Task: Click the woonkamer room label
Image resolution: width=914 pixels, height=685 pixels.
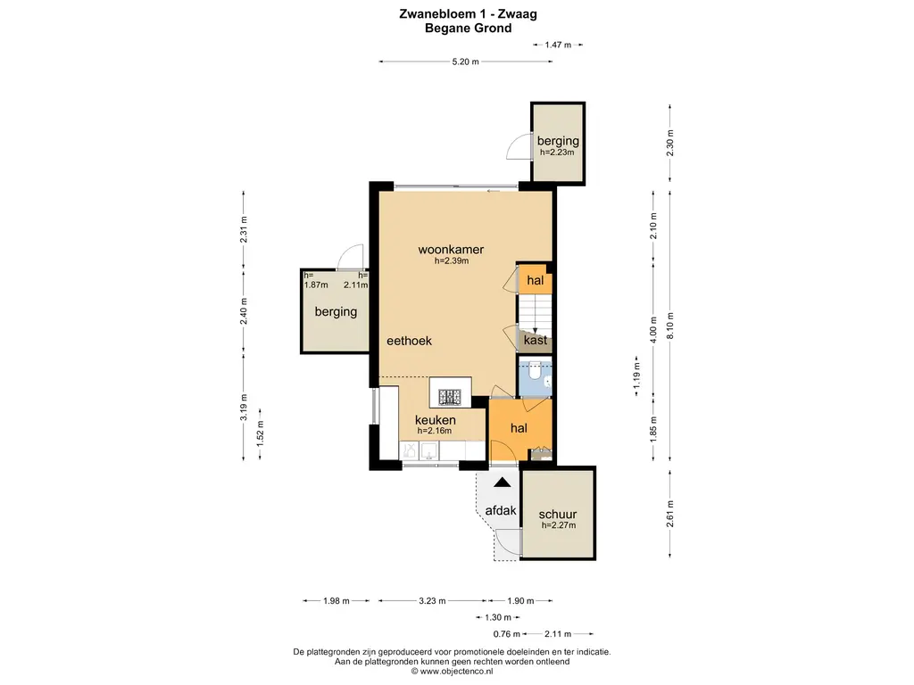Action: [451, 250]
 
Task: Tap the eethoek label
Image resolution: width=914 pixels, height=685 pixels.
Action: [410, 341]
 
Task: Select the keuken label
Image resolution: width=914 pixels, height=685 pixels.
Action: [436, 419]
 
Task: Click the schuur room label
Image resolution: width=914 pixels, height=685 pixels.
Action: [558, 515]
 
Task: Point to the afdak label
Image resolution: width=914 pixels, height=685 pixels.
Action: [501, 511]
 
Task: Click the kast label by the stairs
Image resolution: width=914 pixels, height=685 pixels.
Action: [536, 341]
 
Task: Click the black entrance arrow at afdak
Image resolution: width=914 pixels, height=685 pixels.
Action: [503, 483]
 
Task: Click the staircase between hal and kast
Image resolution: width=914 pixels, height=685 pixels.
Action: [536, 311]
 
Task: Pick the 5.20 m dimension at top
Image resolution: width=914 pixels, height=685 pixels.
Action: [465, 62]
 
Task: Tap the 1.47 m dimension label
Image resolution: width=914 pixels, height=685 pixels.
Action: [558, 44]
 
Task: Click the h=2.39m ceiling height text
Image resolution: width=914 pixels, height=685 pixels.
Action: [451, 261]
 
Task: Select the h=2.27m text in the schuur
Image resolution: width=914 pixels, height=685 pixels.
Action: [558, 525]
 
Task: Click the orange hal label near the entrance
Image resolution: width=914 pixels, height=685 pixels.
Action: [519, 428]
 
